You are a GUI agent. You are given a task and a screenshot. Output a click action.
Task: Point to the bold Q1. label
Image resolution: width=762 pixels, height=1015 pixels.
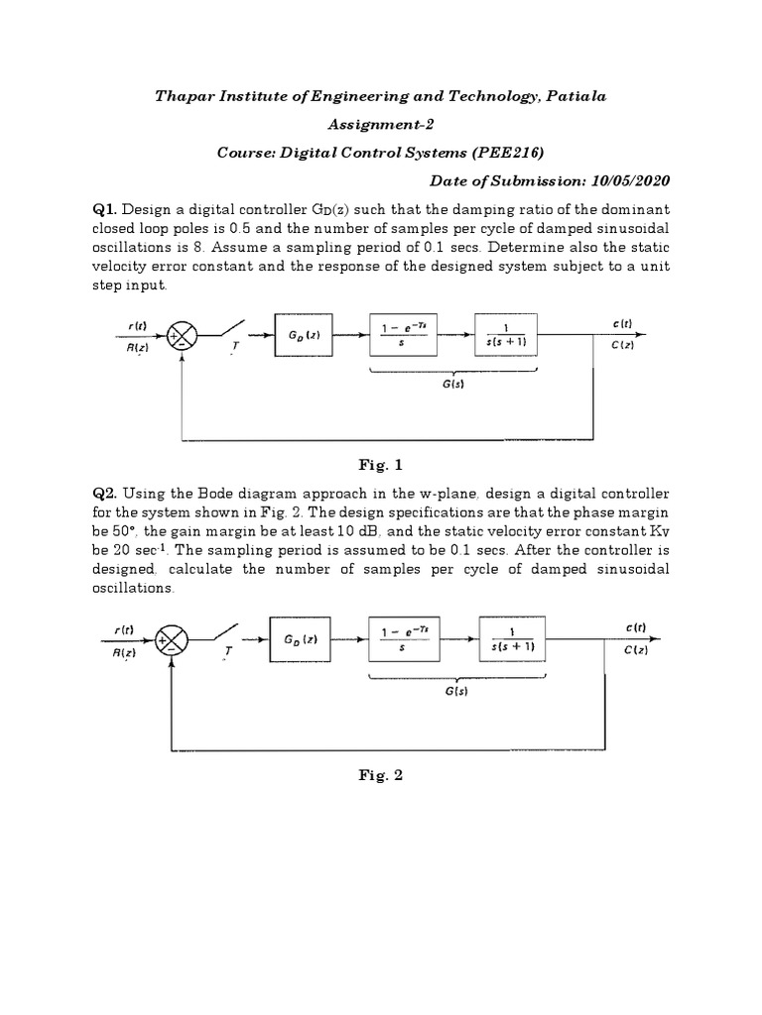tap(106, 209)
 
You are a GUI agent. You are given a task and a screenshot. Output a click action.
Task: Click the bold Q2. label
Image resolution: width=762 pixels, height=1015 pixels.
tap(106, 493)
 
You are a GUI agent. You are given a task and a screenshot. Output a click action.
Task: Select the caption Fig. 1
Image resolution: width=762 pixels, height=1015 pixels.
tap(381, 464)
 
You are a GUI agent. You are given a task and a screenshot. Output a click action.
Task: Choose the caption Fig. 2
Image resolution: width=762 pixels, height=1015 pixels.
tap(381, 776)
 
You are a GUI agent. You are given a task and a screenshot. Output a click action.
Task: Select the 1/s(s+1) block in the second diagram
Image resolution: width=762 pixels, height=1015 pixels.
tap(513, 639)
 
